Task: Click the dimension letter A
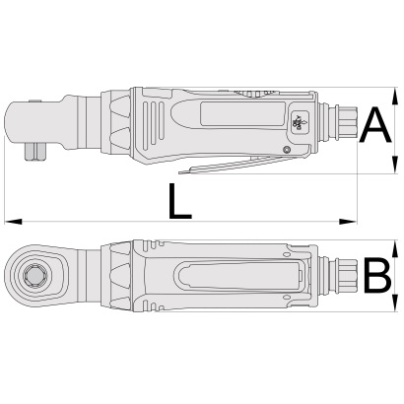pos(375,126)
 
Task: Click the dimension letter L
pos(179,201)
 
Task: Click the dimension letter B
pos(377,276)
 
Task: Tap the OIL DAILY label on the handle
pos(300,122)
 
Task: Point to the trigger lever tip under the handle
pos(179,171)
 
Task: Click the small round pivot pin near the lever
pos(287,150)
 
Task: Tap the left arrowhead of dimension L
pos(13,222)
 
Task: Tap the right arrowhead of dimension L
pos(348,222)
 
